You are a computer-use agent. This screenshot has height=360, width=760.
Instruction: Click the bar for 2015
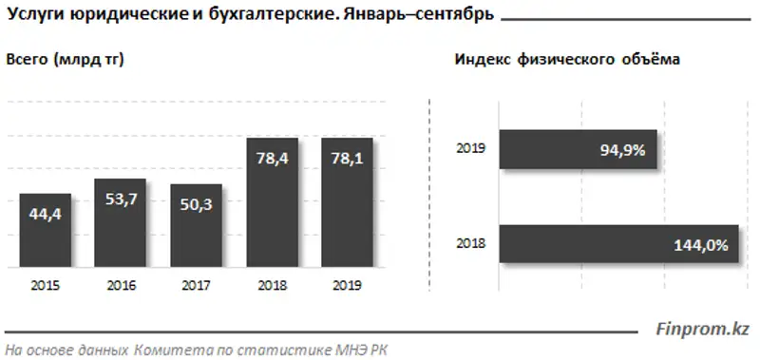tap(45, 231)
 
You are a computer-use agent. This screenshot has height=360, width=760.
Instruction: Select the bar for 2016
tap(120, 223)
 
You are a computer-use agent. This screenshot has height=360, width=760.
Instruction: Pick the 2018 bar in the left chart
tap(272, 203)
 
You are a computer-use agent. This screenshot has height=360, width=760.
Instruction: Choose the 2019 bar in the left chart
tap(347, 203)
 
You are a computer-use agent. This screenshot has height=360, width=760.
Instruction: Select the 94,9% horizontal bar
tap(579, 148)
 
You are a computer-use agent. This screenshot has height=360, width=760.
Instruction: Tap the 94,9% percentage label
tap(623, 148)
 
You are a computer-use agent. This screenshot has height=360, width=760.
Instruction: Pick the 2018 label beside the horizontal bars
tap(470, 244)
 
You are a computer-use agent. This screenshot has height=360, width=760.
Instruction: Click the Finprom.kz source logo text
tap(703, 329)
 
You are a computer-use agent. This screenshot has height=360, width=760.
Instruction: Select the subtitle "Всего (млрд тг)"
tap(66, 59)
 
